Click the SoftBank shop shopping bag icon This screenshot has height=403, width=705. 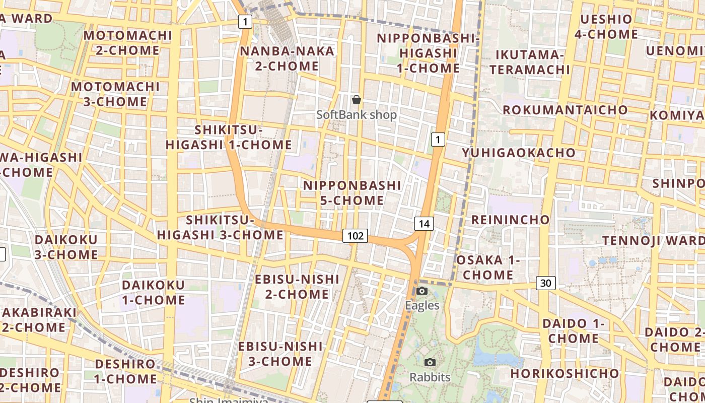[357, 100]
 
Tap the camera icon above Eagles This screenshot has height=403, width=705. [422, 291]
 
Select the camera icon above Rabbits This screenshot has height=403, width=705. [430, 362]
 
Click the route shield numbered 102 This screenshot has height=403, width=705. [355, 236]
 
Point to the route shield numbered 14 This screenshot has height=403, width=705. [424, 224]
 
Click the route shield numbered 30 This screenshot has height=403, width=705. [545, 283]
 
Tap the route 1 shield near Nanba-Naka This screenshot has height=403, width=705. [245, 22]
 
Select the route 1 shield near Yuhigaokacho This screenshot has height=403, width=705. [438, 140]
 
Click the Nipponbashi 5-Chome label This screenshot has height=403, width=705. [352, 193]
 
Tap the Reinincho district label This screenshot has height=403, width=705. [510, 220]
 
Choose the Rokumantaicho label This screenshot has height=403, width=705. [565, 110]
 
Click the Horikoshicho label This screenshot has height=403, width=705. [565, 374]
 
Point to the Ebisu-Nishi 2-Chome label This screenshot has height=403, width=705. [297, 287]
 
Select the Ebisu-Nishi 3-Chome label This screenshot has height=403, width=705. [280, 354]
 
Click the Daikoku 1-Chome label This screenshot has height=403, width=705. [154, 293]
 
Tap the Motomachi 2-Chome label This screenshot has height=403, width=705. [128, 43]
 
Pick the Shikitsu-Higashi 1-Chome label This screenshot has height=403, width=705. [229, 138]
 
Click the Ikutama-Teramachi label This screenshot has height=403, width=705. [529, 62]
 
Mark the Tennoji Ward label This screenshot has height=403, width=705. [653, 240]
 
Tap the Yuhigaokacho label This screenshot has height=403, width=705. [519, 153]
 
